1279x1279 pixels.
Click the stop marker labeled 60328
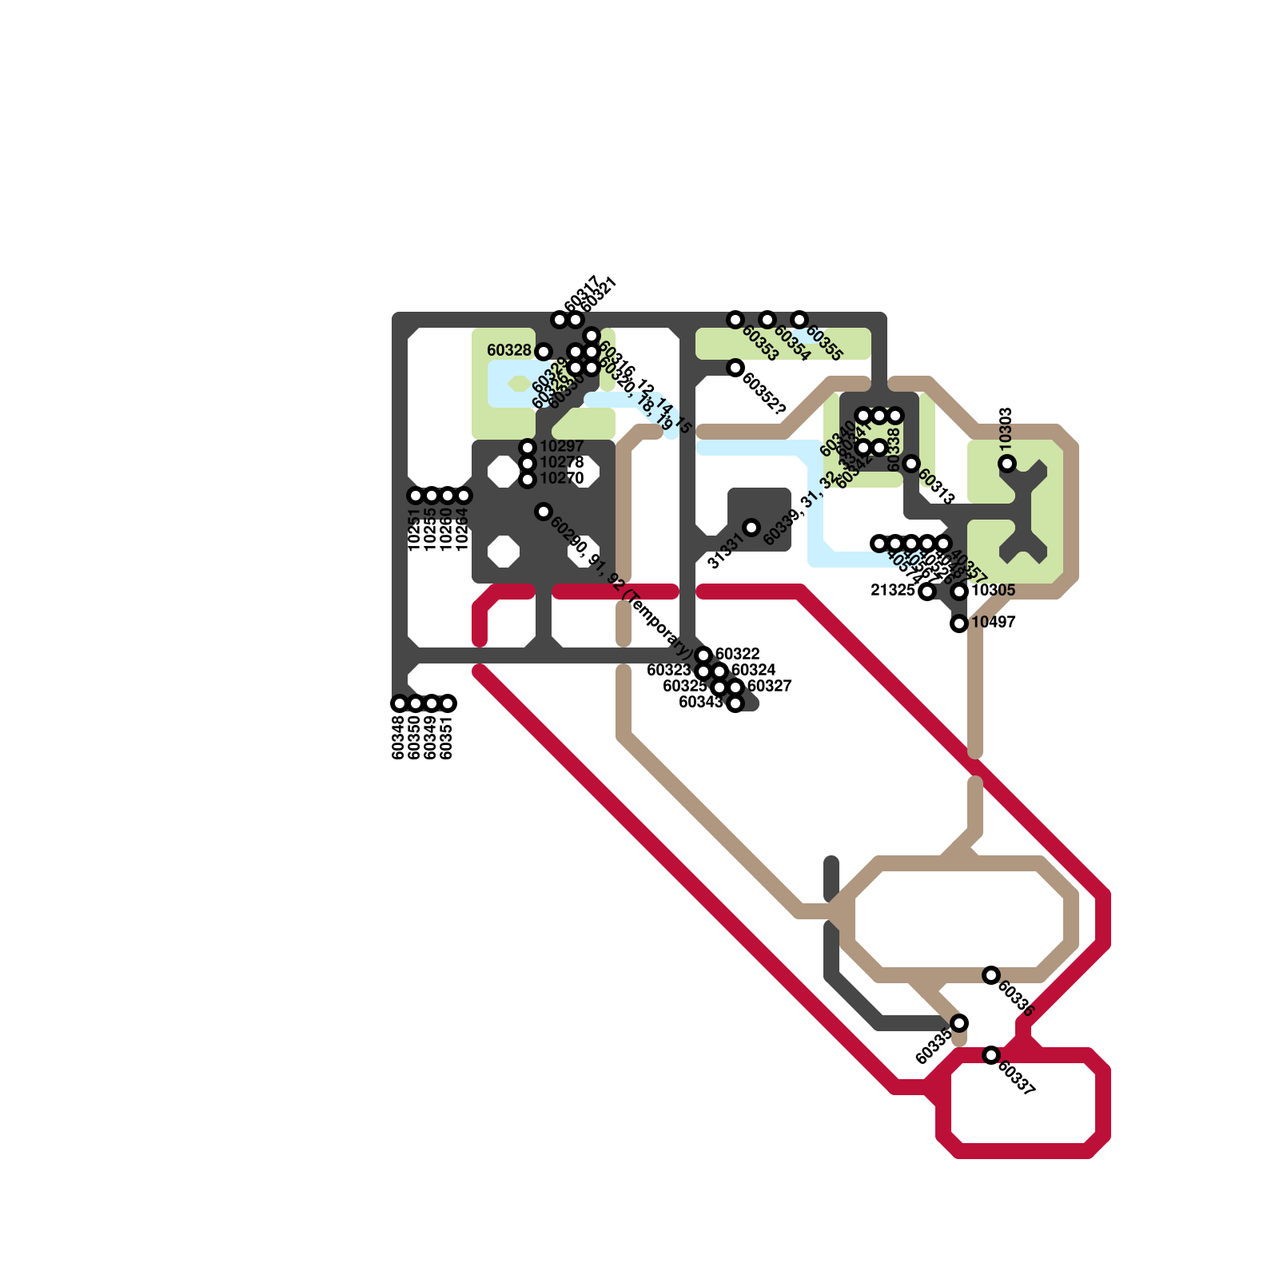544,352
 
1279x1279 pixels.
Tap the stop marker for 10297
528,448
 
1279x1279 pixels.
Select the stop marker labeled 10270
528,480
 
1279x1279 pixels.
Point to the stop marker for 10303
1007,464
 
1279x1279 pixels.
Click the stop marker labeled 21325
926,592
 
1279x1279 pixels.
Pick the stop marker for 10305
960,592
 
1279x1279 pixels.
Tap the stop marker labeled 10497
959,624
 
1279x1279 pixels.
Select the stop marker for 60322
703,655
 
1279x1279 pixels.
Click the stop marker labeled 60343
735,703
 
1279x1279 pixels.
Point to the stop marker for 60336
991,975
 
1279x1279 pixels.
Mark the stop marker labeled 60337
991,1055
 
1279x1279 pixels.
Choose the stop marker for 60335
959,1023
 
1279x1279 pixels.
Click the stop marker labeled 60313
911,464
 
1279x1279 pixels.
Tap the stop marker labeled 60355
799,320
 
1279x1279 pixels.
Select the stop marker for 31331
751,528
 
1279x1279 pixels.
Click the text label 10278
562,463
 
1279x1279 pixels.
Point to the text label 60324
753,670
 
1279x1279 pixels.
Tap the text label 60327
769,686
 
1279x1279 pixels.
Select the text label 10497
994,622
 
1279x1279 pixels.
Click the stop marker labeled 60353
735,320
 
